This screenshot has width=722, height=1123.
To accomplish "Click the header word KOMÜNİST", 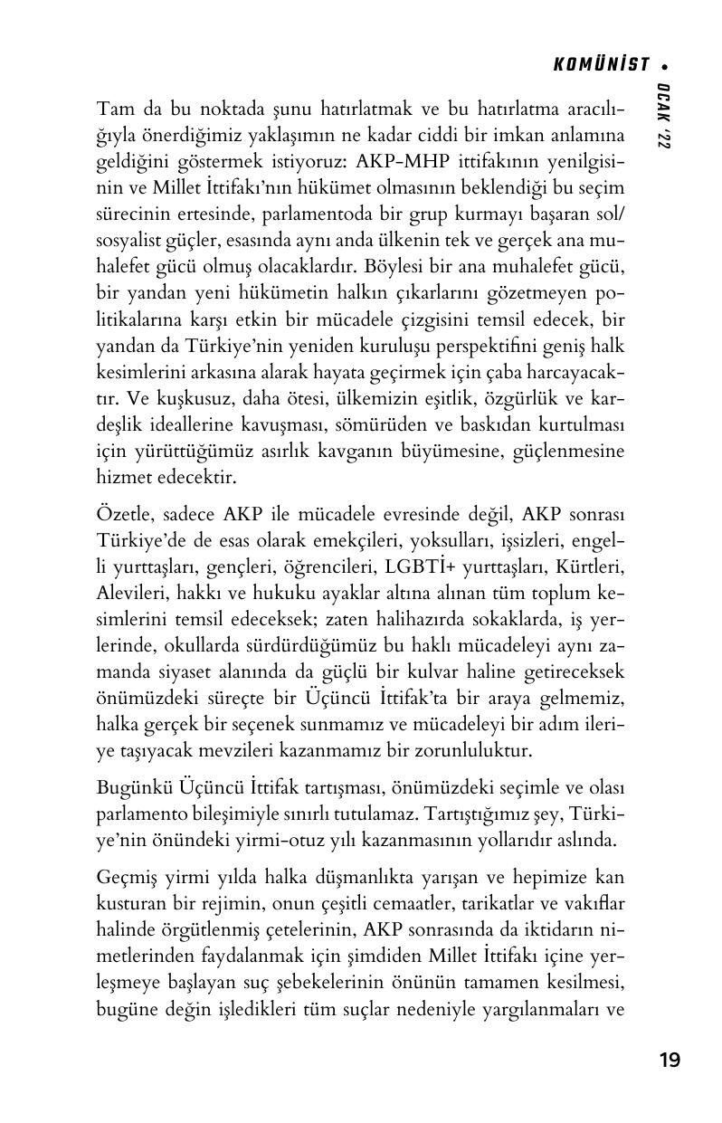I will click(x=602, y=64).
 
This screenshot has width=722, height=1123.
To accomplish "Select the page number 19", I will click(x=670, y=1060).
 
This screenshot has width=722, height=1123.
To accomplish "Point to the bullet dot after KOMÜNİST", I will click(x=666, y=65).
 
